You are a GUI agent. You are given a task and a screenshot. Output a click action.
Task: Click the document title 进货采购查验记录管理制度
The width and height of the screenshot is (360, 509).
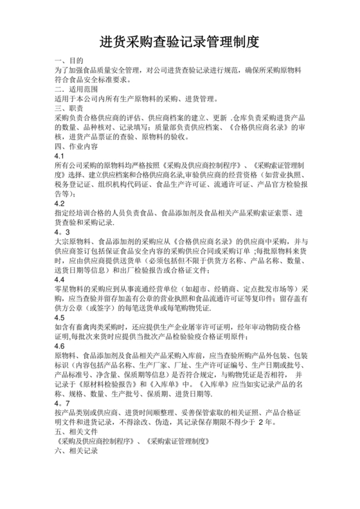point(179,42)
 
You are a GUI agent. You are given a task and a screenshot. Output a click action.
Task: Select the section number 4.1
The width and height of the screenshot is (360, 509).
point(60,157)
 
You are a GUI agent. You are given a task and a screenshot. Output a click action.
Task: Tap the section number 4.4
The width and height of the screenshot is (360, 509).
point(60,280)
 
